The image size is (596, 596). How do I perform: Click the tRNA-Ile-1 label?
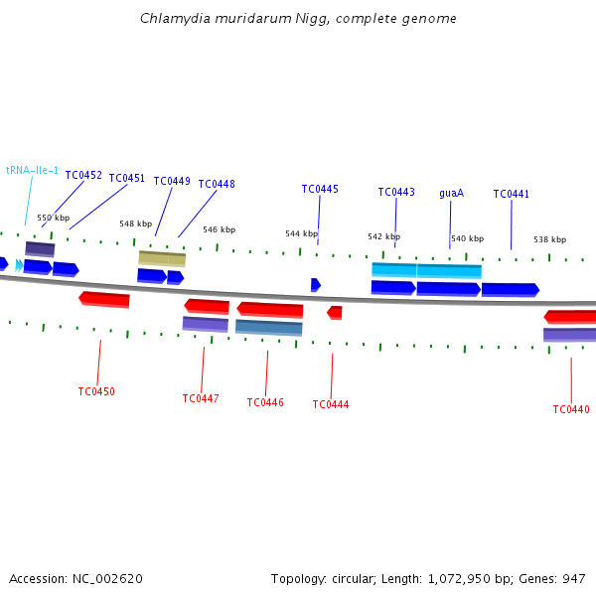coord(32,170)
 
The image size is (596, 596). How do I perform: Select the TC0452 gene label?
coord(83,175)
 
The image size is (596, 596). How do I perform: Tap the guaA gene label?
coord(452,193)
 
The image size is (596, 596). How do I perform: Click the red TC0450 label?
coord(96,391)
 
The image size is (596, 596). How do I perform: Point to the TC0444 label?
coord(331,404)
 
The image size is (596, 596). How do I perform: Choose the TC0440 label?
coord(571,409)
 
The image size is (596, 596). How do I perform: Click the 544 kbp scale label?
coord(301,233)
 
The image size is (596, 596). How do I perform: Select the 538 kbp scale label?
coord(550,239)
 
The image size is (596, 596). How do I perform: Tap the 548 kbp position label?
coord(136,223)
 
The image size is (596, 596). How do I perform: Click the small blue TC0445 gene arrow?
coord(316,285)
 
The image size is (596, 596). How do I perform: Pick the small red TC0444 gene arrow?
coord(335,313)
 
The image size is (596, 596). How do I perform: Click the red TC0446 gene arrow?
coord(270,310)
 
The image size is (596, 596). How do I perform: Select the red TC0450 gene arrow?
coord(104,300)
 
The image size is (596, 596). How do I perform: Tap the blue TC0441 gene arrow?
coord(511,290)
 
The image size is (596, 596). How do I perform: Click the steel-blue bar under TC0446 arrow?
coord(269,328)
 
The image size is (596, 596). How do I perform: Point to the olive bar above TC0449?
coord(162,259)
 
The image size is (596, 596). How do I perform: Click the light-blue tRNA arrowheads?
coord(19,265)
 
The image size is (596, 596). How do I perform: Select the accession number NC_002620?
coord(107,579)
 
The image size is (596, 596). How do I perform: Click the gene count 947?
coord(574,579)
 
